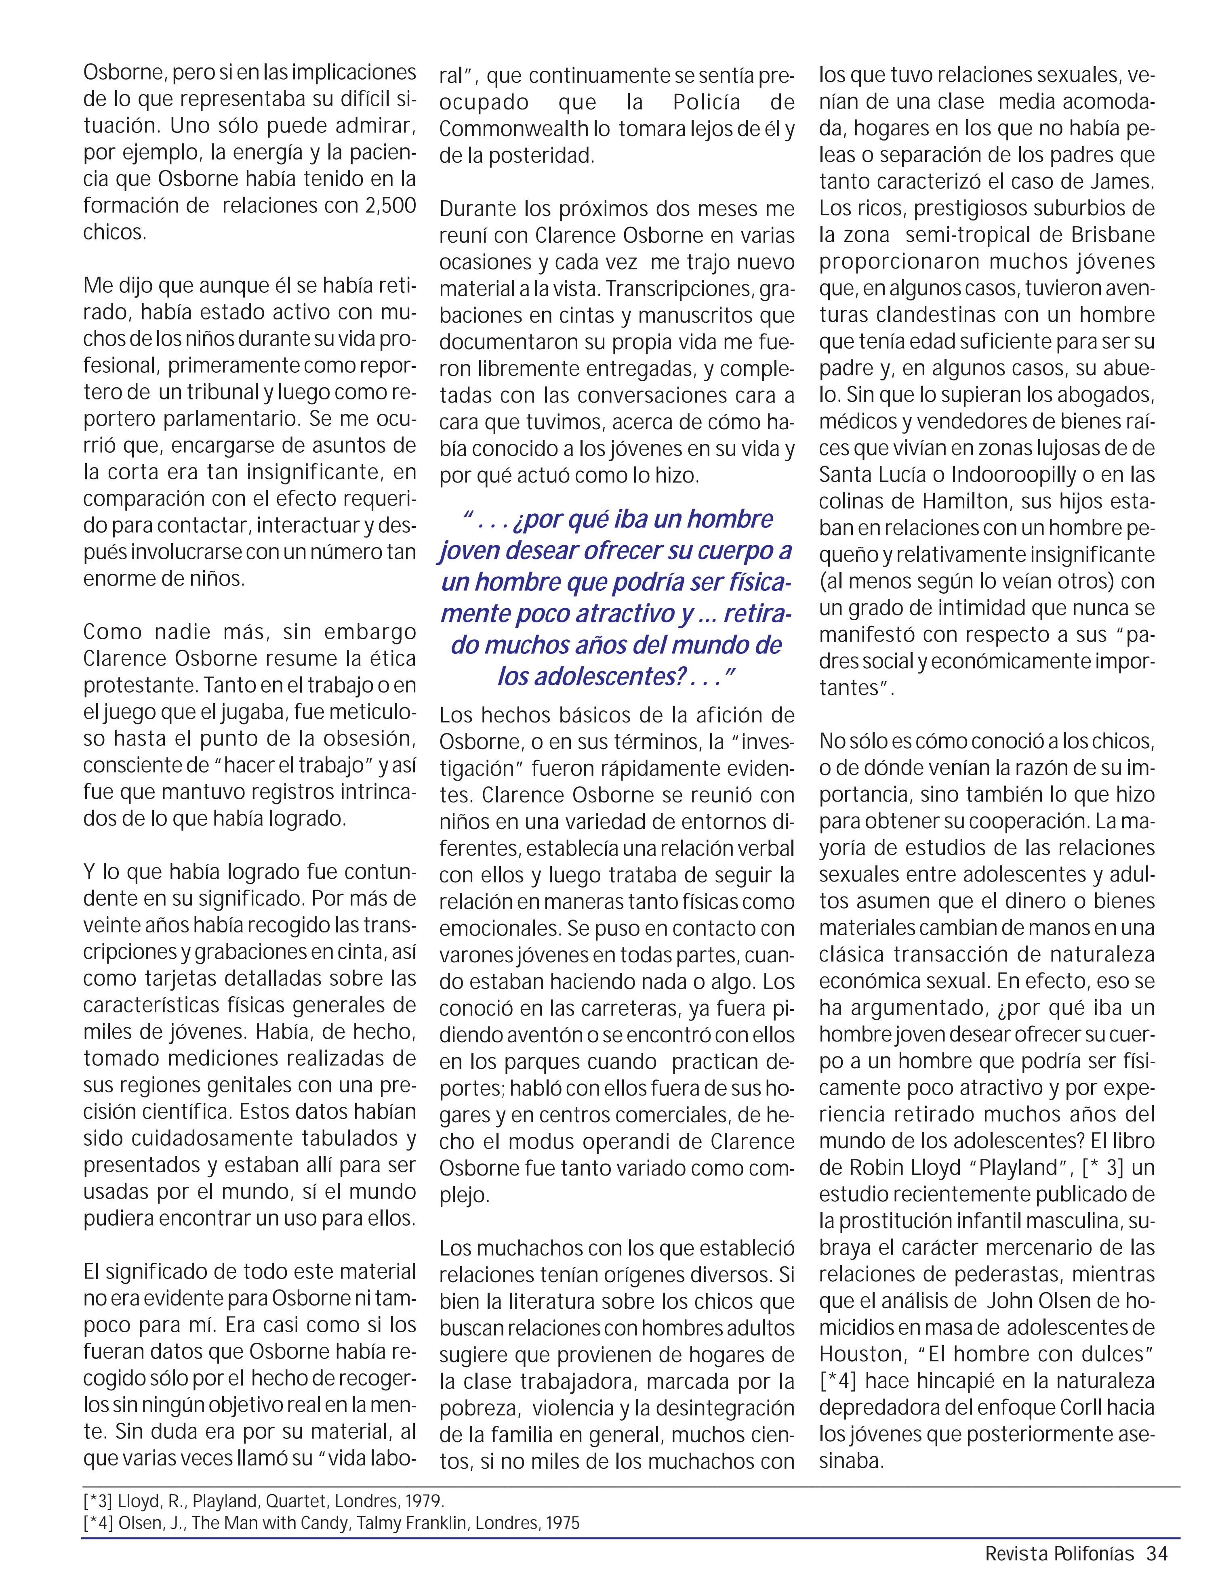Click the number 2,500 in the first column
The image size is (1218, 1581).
(390, 206)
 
